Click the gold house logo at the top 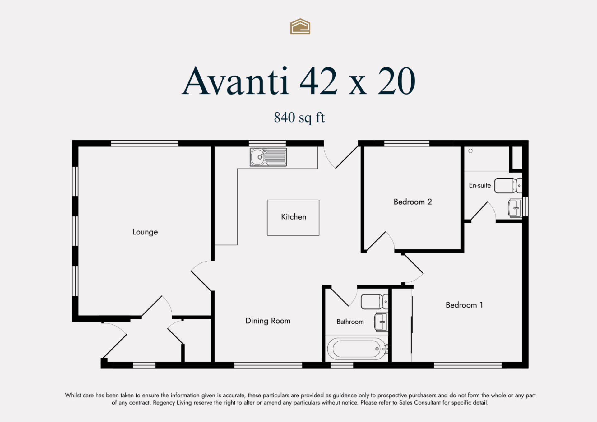[x=300, y=26]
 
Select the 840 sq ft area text [x=299, y=118]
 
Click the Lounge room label [x=145, y=232]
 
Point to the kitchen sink [x=268, y=157]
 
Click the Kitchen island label [x=294, y=217]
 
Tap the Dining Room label [x=268, y=321]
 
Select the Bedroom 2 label [x=413, y=202]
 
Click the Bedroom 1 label [x=464, y=305]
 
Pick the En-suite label [x=480, y=185]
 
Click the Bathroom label [x=350, y=322]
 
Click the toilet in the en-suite [x=508, y=186]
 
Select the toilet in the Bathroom [x=374, y=301]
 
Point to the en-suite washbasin [x=515, y=208]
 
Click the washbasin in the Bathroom [x=381, y=322]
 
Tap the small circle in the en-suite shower [x=470, y=151]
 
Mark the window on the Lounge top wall [x=145, y=143]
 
